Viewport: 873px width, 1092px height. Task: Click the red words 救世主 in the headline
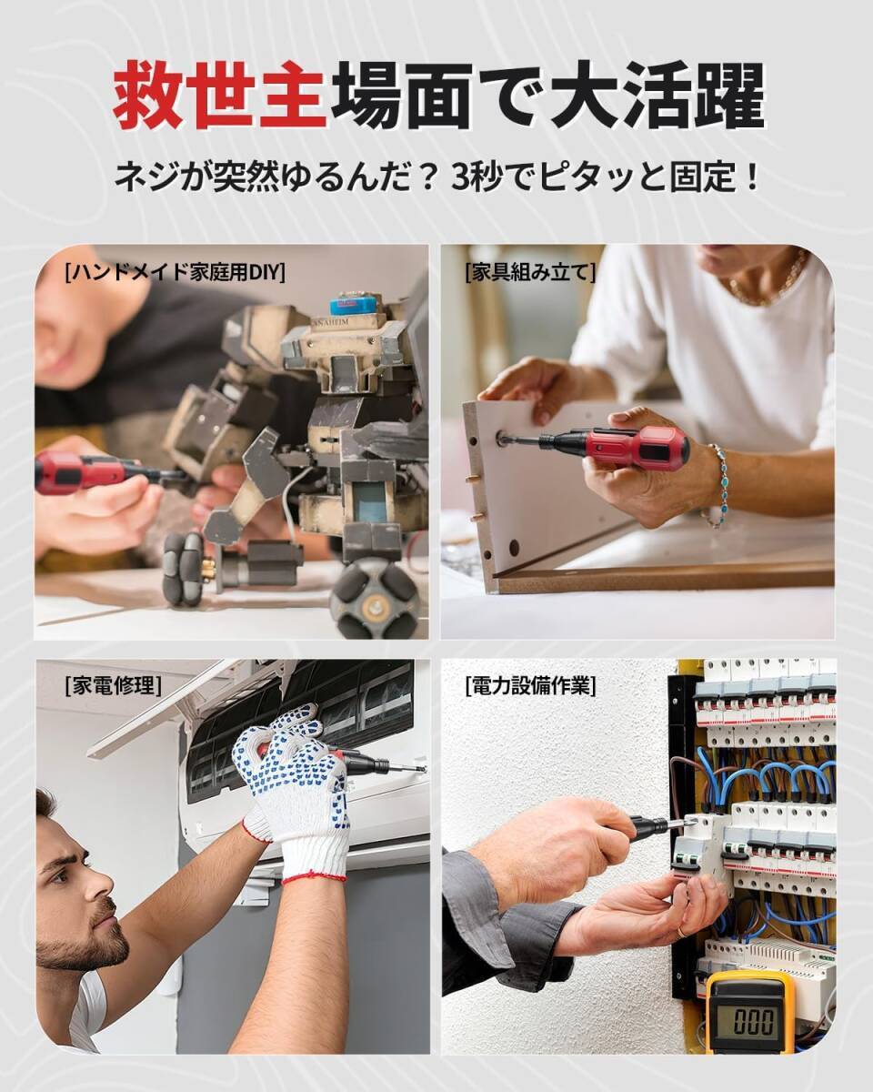[x=219, y=96]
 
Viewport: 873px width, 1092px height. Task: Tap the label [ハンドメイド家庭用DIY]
[x=176, y=272]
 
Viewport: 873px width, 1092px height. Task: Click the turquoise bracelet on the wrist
[x=721, y=482]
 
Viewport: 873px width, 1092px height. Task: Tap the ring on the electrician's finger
[x=681, y=931]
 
